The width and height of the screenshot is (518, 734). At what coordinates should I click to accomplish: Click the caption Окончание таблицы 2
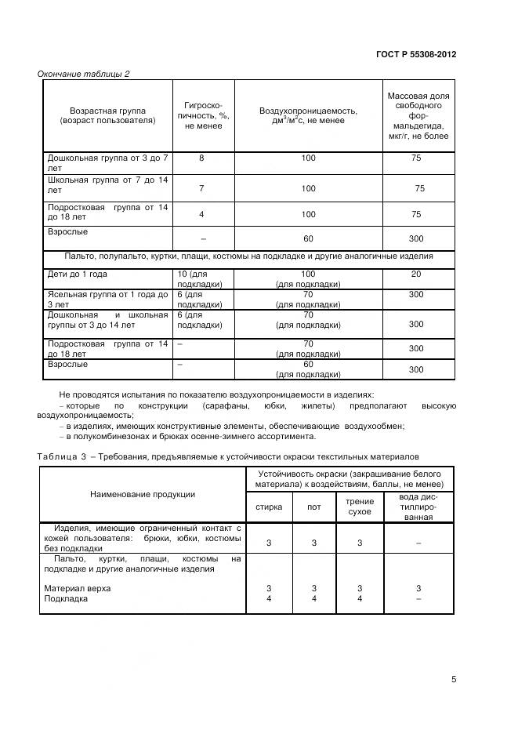click(x=84, y=74)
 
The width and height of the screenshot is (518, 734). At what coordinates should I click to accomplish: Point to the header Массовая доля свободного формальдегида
click(x=418, y=115)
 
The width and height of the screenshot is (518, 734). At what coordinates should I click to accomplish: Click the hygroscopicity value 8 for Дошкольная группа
click(x=201, y=158)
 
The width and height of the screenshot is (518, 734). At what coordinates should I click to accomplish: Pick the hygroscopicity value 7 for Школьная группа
click(x=201, y=188)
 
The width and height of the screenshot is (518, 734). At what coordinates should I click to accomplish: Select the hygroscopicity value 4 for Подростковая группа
click(x=201, y=214)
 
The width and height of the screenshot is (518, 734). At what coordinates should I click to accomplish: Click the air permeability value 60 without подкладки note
click(x=308, y=238)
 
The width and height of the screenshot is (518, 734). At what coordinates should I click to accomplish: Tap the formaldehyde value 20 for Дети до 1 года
click(x=416, y=274)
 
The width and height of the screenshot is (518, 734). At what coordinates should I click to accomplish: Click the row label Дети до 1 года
click(x=78, y=274)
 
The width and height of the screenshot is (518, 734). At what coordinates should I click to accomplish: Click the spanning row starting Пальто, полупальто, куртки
click(x=248, y=256)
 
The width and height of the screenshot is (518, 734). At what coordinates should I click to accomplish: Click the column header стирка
click(x=269, y=507)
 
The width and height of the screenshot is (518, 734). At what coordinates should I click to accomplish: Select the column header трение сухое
click(x=359, y=506)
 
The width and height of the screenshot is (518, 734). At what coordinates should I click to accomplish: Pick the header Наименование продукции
click(x=143, y=495)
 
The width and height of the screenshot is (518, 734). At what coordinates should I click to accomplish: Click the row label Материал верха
click(x=78, y=587)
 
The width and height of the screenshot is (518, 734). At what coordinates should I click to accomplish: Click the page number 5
click(x=454, y=679)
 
